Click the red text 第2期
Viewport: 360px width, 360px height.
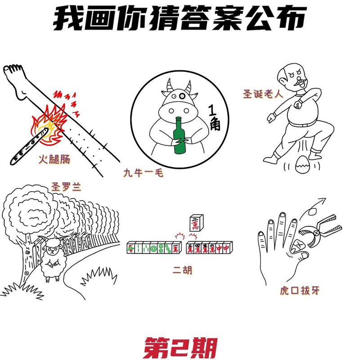tap(180, 347)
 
